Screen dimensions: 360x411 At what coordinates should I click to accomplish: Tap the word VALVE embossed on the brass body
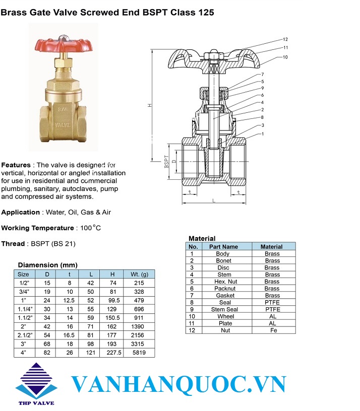(x=63, y=125)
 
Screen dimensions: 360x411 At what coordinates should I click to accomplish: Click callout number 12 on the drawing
(x=285, y=39)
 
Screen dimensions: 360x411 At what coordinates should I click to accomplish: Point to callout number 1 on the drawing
(x=263, y=134)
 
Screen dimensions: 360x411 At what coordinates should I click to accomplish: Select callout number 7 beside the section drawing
(x=262, y=75)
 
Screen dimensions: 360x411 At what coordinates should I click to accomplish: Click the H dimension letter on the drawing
(x=150, y=105)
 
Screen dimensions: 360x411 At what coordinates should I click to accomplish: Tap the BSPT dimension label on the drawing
(x=166, y=162)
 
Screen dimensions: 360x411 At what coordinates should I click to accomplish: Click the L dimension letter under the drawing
(x=214, y=201)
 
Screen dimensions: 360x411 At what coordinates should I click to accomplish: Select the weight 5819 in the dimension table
(x=139, y=353)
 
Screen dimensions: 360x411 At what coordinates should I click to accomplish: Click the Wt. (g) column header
(x=139, y=274)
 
